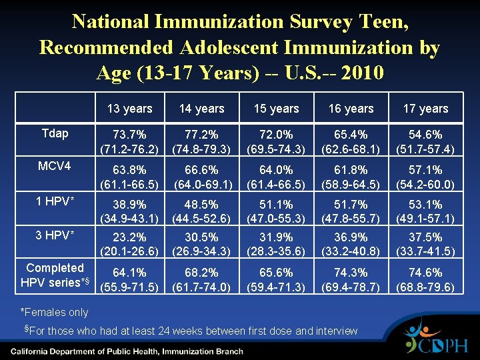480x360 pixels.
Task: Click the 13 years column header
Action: point(129,109)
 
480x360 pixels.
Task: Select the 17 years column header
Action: point(425,109)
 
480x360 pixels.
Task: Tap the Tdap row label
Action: point(55,133)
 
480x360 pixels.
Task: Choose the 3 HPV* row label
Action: point(55,235)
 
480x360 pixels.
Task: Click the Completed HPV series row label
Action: point(55,275)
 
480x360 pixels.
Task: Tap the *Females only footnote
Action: point(55,313)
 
